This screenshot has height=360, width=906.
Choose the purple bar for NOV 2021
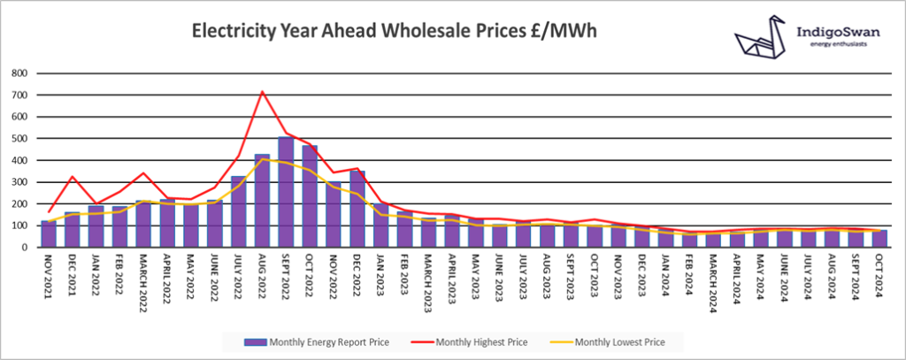[48, 234]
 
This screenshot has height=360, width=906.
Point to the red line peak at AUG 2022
[262, 92]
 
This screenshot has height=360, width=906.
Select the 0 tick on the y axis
[24, 248]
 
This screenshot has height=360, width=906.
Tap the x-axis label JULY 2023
[524, 276]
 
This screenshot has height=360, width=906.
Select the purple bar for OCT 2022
[310, 196]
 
